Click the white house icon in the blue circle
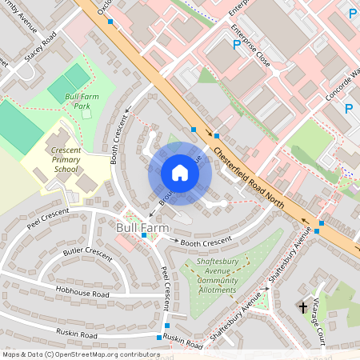click(180, 173)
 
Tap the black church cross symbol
click(303, 306)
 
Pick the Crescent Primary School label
click(66, 159)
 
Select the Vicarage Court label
click(319, 325)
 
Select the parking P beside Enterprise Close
click(236, 45)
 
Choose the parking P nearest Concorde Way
click(349, 108)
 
